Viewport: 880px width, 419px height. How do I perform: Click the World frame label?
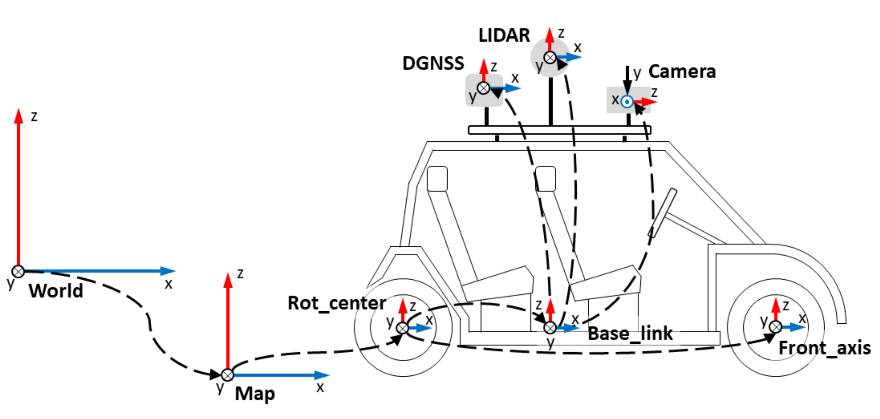coord(56,291)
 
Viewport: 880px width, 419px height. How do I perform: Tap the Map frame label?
coord(255,393)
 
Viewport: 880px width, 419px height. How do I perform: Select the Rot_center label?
coord(336,303)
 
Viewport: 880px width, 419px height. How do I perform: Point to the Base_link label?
coord(630,333)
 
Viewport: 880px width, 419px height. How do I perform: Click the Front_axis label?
coord(825,348)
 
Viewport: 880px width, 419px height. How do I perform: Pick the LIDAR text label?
coord(504,35)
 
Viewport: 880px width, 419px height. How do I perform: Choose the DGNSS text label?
coord(433,63)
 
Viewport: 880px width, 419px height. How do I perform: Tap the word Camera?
coord(682,72)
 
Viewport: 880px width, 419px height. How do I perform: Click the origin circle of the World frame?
coord(18,271)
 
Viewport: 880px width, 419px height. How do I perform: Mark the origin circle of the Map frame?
coord(227,375)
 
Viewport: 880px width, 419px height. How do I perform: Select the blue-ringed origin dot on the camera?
coord(627,101)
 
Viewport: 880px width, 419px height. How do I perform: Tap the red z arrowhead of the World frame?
coord(19,116)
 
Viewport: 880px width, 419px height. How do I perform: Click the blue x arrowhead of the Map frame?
coord(322,375)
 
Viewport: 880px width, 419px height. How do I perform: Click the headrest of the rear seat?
coord(437,178)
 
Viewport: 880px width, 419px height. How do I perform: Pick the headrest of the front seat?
coord(545,178)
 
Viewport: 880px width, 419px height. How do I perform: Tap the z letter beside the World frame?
coord(34,117)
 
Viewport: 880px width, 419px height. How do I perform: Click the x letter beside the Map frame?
coord(320,388)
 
